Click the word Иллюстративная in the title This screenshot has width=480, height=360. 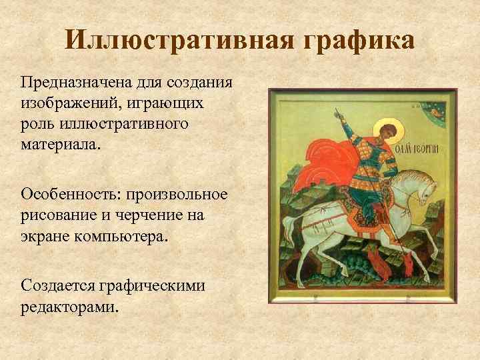coord(181,41)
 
